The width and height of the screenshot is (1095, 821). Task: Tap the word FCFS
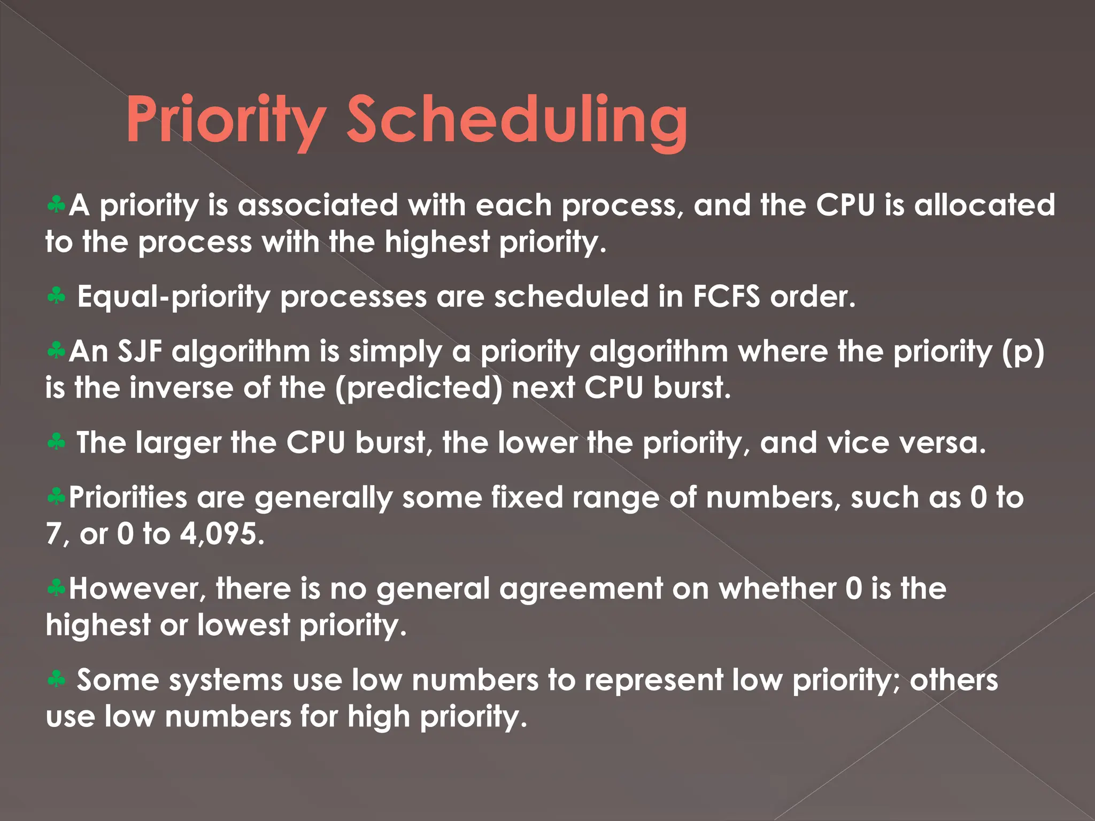pyautogui.click(x=726, y=297)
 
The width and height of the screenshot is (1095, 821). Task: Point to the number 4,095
pyautogui.click(x=221, y=534)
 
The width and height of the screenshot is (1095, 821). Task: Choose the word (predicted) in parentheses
pyautogui.click(x=419, y=388)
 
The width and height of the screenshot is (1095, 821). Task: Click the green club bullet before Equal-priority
pyautogui.click(x=56, y=296)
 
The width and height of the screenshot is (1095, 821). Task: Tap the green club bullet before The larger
pyautogui.click(x=56, y=442)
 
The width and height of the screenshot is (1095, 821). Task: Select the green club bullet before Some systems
pyautogui.click(x=56, y=679)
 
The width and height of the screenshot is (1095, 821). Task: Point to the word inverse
pyautogui.click(x=181, y=388)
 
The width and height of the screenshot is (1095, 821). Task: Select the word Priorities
pyautogui.click(x=128, y=498)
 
